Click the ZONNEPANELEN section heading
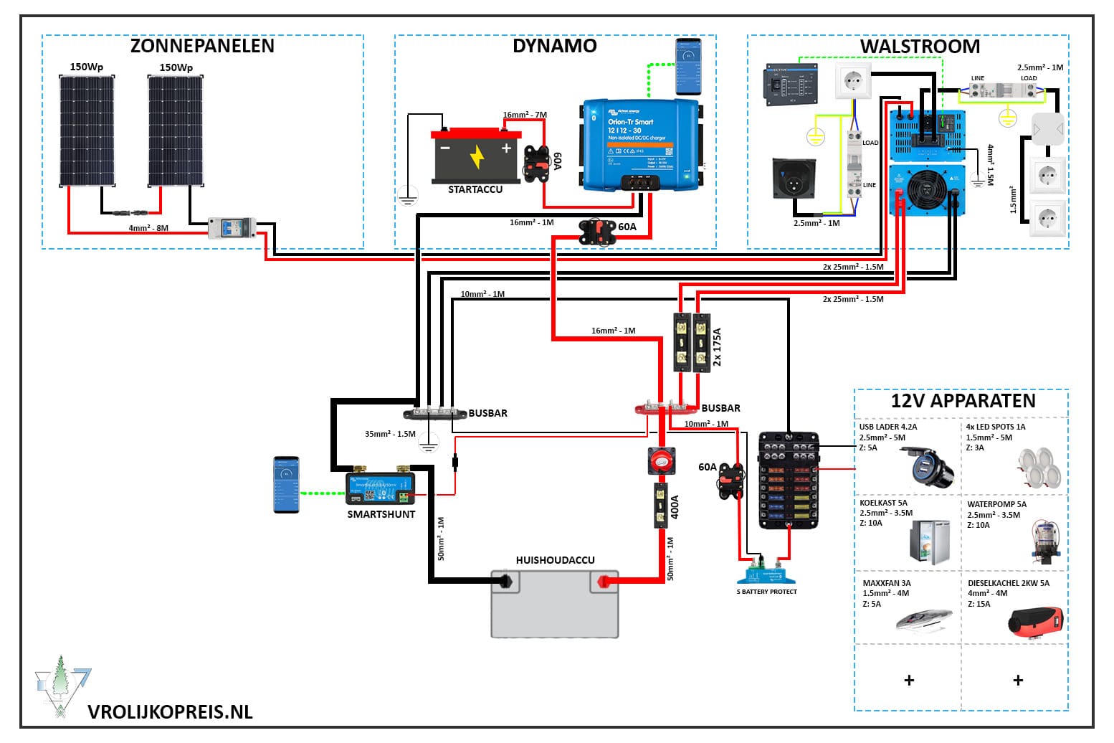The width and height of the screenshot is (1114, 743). [x=202, y=46]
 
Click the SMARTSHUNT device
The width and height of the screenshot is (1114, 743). [x=380, y=487]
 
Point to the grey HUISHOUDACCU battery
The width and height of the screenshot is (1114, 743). [x=554, y=603]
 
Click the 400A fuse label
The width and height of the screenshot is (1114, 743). [x=675, y=507]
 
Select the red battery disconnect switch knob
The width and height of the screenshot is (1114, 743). [x=661, y=460]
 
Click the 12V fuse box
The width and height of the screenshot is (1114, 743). [x=789, y=480]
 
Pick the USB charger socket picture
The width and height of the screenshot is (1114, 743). [x=928, y=465]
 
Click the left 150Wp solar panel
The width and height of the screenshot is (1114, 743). [x=86, y=129]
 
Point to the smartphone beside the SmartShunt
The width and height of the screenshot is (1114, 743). [x=286, y=485]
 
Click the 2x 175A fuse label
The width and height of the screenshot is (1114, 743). [x=717, y=347]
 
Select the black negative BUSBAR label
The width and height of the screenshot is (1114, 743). [x=487, y=413]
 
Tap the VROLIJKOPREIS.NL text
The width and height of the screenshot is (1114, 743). [x=170, y=711]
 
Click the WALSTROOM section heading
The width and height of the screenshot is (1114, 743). [x=920, y=47]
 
